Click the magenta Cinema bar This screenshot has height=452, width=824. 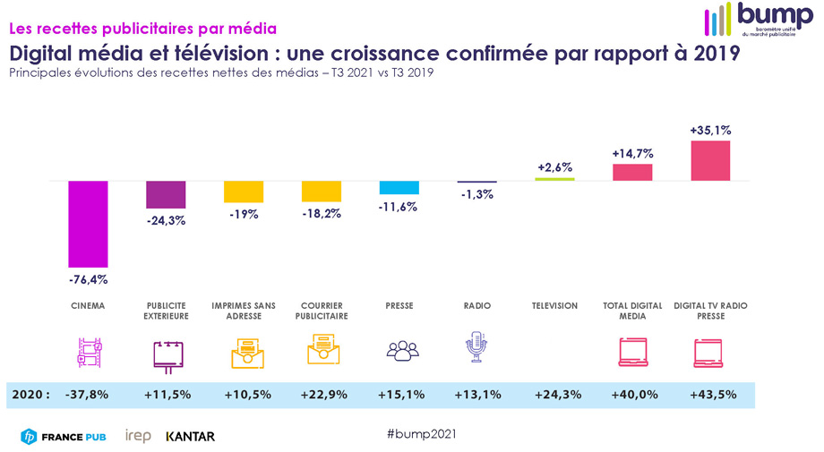[x=89, y=224]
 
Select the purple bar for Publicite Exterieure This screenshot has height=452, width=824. [x=166, y=194]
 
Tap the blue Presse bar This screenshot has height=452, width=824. [x=399, y=187]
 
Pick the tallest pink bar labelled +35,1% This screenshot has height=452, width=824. [x=710, y=160]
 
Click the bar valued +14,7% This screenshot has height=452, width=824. [x=632, y=172]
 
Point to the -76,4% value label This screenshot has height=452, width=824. [x=88, y=279]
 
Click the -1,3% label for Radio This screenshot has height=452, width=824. [x=476, y=196]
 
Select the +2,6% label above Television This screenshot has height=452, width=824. [x=554, y=167]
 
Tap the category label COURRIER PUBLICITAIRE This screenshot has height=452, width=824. [x=322, y=311]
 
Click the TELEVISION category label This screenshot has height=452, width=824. [x=554, y=306]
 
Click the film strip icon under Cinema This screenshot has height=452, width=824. [x=89, y=352]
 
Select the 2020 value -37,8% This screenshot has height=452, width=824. [x=90, y=395]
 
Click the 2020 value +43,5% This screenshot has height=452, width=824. [x=709, y=395]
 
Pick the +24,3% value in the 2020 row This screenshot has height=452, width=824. [x=554, y=395]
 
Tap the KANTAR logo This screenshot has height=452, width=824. [x=190, y=437]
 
